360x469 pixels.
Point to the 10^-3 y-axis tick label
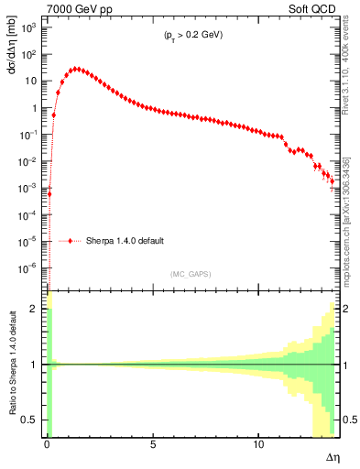pyautogui.click(x=31, y=188)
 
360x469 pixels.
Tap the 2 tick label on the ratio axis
pyautogui.click(x=37, y=309)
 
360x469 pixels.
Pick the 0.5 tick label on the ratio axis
pyautogui.click(x=33, y=420)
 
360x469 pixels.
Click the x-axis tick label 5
pyautogui.click(x=153, y=443)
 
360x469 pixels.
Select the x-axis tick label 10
pyautogui.click(x=257, y=443)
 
